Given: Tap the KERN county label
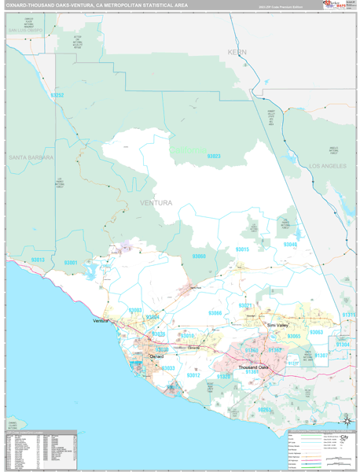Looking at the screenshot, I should (x=237, y=52).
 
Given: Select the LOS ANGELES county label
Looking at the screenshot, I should (x=328, y=167).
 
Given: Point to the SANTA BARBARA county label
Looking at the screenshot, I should (x=31, y=157).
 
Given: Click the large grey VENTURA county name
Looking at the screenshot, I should (x=155, y=203).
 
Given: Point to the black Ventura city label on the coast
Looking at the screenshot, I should (x=100, y=322).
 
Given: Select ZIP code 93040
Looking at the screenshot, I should (x=290, y=245).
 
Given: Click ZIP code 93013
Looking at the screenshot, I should (x=37, y=260).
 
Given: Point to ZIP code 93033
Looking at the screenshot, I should (x=168, y=368).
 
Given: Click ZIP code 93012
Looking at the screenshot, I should (x=193, y=375).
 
